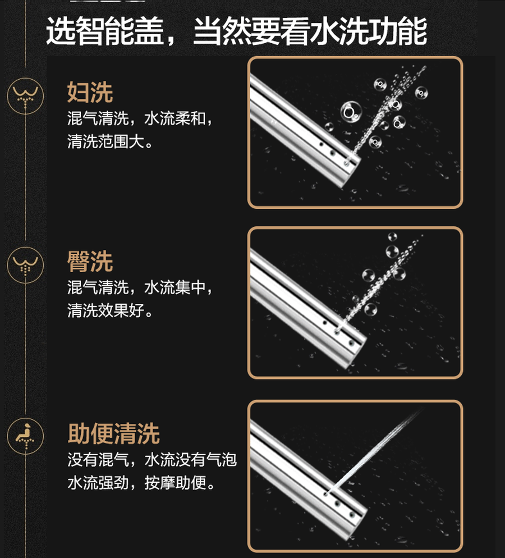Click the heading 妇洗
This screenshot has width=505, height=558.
click(90, 92)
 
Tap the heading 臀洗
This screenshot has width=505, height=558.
click(90, 262)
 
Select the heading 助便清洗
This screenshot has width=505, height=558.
click(114, 433)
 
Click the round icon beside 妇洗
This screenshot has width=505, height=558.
click(25, 96)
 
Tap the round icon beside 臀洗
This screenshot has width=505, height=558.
click(25, 265)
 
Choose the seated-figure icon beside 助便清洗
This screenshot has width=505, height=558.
click(25, 436)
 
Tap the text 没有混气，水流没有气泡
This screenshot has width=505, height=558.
click(152, 460)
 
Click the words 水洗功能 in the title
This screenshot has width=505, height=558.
click(369, 31)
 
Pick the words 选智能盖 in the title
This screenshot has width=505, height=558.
click(105, 31)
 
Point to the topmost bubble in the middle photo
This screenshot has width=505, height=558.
click(392, 237)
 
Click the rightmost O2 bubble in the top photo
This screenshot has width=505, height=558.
click(421, 93)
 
